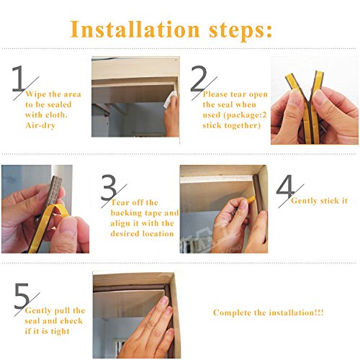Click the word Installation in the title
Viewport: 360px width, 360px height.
(135, 30)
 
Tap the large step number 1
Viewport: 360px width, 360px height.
(18, 78)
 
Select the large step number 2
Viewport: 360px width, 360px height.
(199, 78)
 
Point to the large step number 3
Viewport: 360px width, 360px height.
(109, 187)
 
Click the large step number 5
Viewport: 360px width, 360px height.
(22, 296)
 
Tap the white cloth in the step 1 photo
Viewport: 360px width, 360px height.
(170, 100)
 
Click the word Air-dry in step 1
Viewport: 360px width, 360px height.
(40, 125)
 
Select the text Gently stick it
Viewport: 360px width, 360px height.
(319, 201)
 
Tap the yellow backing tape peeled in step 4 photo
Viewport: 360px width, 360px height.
(251, 199)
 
